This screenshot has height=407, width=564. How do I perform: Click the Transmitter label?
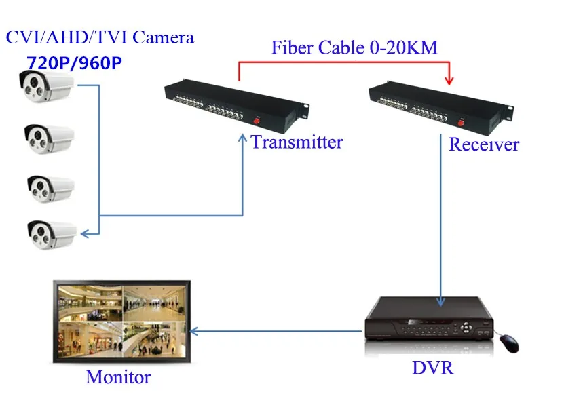(297, 142)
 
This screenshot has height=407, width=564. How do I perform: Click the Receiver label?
(484, 144)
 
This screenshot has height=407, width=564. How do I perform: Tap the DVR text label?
(432, 368)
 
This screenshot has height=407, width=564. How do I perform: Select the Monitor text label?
(118, 376)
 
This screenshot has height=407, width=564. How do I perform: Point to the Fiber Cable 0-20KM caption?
(354, 47)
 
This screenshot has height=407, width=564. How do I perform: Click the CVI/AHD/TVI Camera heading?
(100, 37)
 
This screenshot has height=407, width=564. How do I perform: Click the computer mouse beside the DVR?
(508, 343)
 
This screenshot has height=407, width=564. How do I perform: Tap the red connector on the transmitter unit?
(257, 121)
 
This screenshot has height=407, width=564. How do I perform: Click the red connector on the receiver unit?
(459, 122)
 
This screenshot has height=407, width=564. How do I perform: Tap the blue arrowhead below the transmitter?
(242, 138)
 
